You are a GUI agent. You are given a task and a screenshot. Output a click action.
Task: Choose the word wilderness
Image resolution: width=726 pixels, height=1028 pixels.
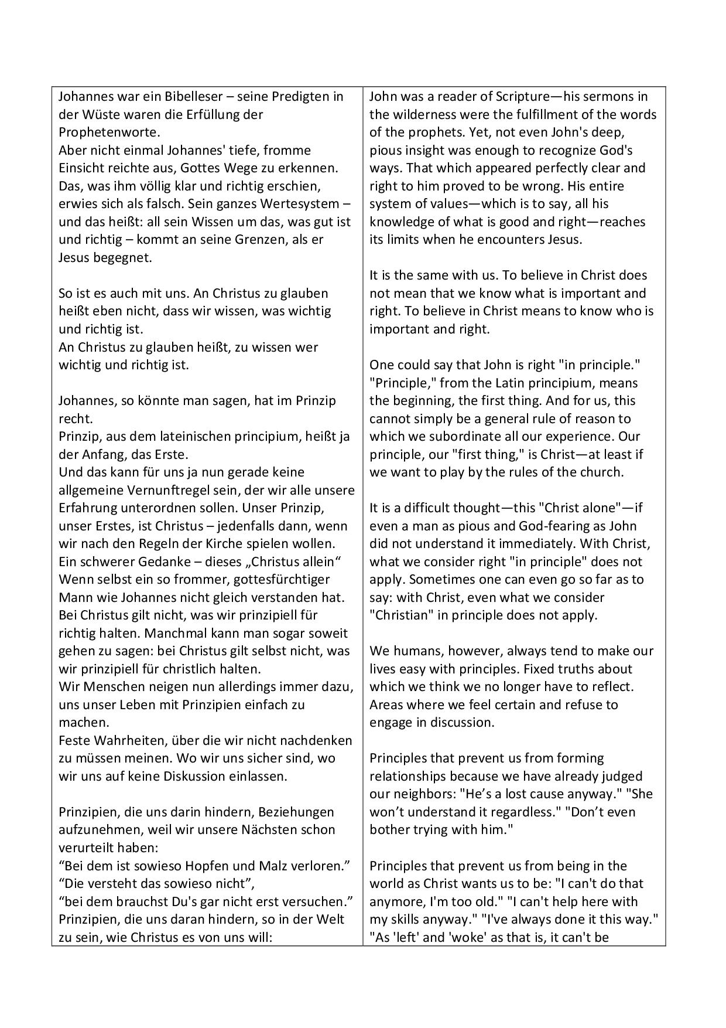pos(424,114)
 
